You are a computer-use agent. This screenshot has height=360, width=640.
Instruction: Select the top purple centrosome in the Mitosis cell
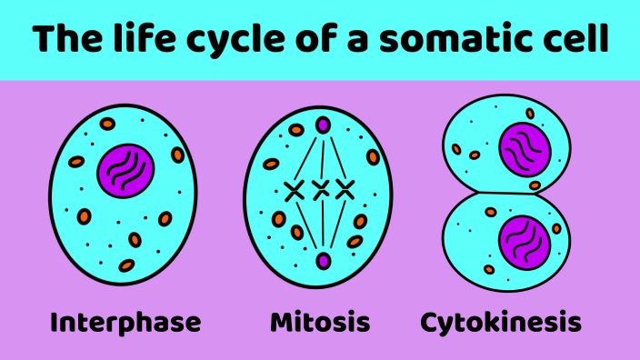tap(321, 125)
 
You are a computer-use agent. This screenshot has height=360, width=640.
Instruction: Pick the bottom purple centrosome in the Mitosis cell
tap(322, 262)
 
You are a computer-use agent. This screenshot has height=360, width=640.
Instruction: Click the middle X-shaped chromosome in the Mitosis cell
tap(320, 190)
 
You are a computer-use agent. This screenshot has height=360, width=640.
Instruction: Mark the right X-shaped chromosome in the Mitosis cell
tap(344, 190)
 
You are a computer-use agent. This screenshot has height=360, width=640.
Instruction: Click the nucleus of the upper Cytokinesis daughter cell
tap(525, 150)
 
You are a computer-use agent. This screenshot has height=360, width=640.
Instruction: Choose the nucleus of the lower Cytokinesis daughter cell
tap(525, 241)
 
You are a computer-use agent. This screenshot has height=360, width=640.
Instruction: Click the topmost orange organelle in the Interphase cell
tap(107, 124)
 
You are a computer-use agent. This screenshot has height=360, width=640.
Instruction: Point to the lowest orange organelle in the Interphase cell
tap(127, 265)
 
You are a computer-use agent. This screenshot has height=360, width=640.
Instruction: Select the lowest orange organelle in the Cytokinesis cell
tap(489, 269)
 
